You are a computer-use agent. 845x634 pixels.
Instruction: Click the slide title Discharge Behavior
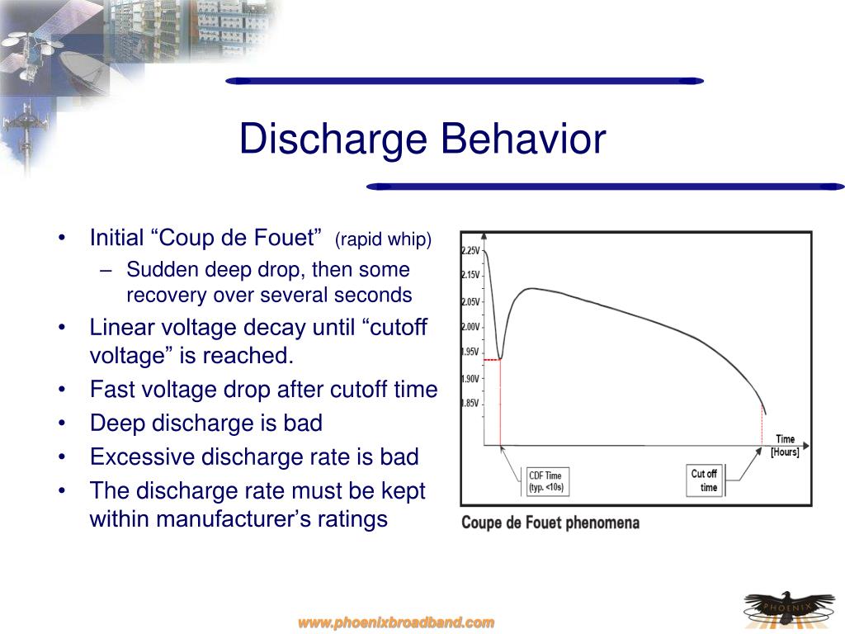pos(422,139)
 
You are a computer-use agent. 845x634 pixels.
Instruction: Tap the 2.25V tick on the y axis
pos(470,250)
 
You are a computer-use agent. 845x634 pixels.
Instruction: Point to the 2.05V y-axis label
pos(470,302)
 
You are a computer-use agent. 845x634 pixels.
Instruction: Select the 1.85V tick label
pos(470,404)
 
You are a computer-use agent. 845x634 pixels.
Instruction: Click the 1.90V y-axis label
pos(470,379)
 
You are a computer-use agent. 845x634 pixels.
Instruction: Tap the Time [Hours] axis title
pos(784,446)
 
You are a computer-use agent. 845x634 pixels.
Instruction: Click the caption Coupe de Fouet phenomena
pos(550,523)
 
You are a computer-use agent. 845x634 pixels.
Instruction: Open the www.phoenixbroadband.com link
pos(396,622)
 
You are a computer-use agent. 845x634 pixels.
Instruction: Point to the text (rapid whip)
pos(383,239)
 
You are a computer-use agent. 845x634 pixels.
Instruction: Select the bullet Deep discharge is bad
pos(205,423)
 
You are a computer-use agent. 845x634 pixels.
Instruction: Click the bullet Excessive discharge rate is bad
pos(254,457)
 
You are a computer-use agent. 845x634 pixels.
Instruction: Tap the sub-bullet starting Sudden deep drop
pos(268,282)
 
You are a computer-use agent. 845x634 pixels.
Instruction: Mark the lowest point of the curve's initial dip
pos(500,359)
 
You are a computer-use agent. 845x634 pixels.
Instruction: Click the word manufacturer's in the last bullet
pos(234,519)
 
